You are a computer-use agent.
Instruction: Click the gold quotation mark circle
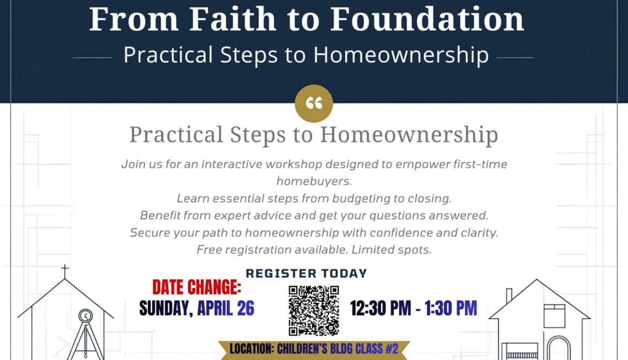coord(313,103)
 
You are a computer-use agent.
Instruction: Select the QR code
coord(313,310)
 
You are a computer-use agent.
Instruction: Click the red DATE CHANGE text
coord(197,287)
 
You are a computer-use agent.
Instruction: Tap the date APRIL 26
coord(226,308)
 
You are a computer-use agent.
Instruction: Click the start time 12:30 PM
coord(381,308)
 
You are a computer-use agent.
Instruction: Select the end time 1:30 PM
coord(451,308)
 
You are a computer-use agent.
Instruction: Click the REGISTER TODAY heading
coord(306,273)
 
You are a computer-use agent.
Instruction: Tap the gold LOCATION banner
coord(313,349)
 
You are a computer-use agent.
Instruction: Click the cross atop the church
coord(65,271)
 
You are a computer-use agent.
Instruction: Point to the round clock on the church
coord(85,316)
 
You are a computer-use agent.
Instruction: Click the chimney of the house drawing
coord(509,296)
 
